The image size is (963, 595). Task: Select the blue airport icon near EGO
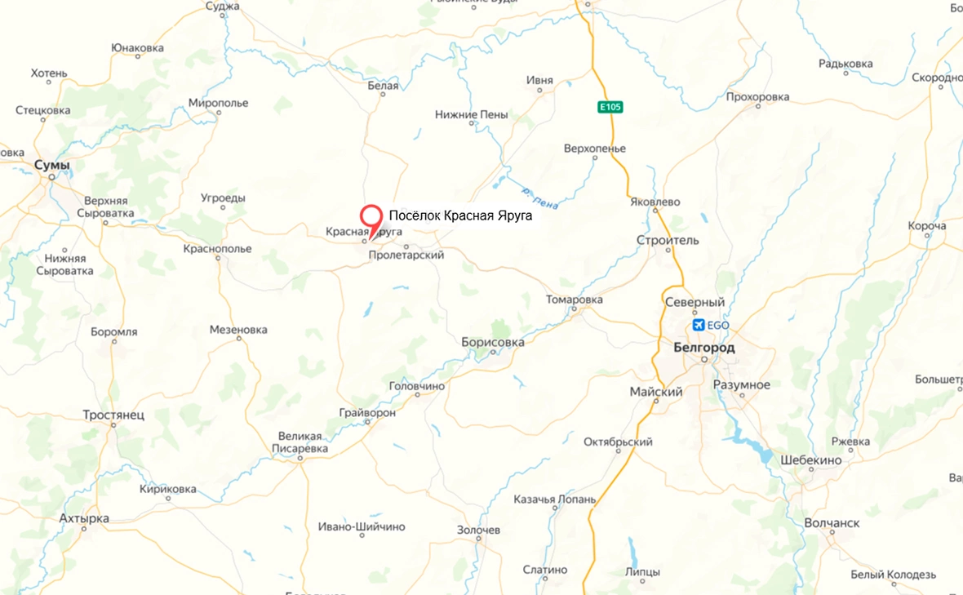[x=698, y=325]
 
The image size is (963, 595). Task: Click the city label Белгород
[x=704, y=348]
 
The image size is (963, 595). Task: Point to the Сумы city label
[x=52, y=166]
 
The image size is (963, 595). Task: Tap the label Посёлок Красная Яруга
[x=460, y=216]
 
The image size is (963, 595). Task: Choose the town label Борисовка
[x=492, y=342]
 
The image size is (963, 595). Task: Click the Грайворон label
[x=369, y=413]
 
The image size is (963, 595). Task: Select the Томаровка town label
[x=575, y=300]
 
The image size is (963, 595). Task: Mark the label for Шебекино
[x=810, y=460]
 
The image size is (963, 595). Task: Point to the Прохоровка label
[x=757, y=97]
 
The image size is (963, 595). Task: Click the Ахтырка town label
[x=84, y=518]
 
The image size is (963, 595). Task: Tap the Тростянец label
[x=113, y=415]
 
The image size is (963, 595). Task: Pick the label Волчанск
[x=832, y=522]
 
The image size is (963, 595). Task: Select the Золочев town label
[x=478, y=530]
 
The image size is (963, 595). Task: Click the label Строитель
[x=668, y=240]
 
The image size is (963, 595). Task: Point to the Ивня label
[x=539, y=80]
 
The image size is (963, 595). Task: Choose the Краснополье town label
[x=218, y=247]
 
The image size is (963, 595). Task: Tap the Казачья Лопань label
[x=555, y=499]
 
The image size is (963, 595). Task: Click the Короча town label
[x=926, y=225]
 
